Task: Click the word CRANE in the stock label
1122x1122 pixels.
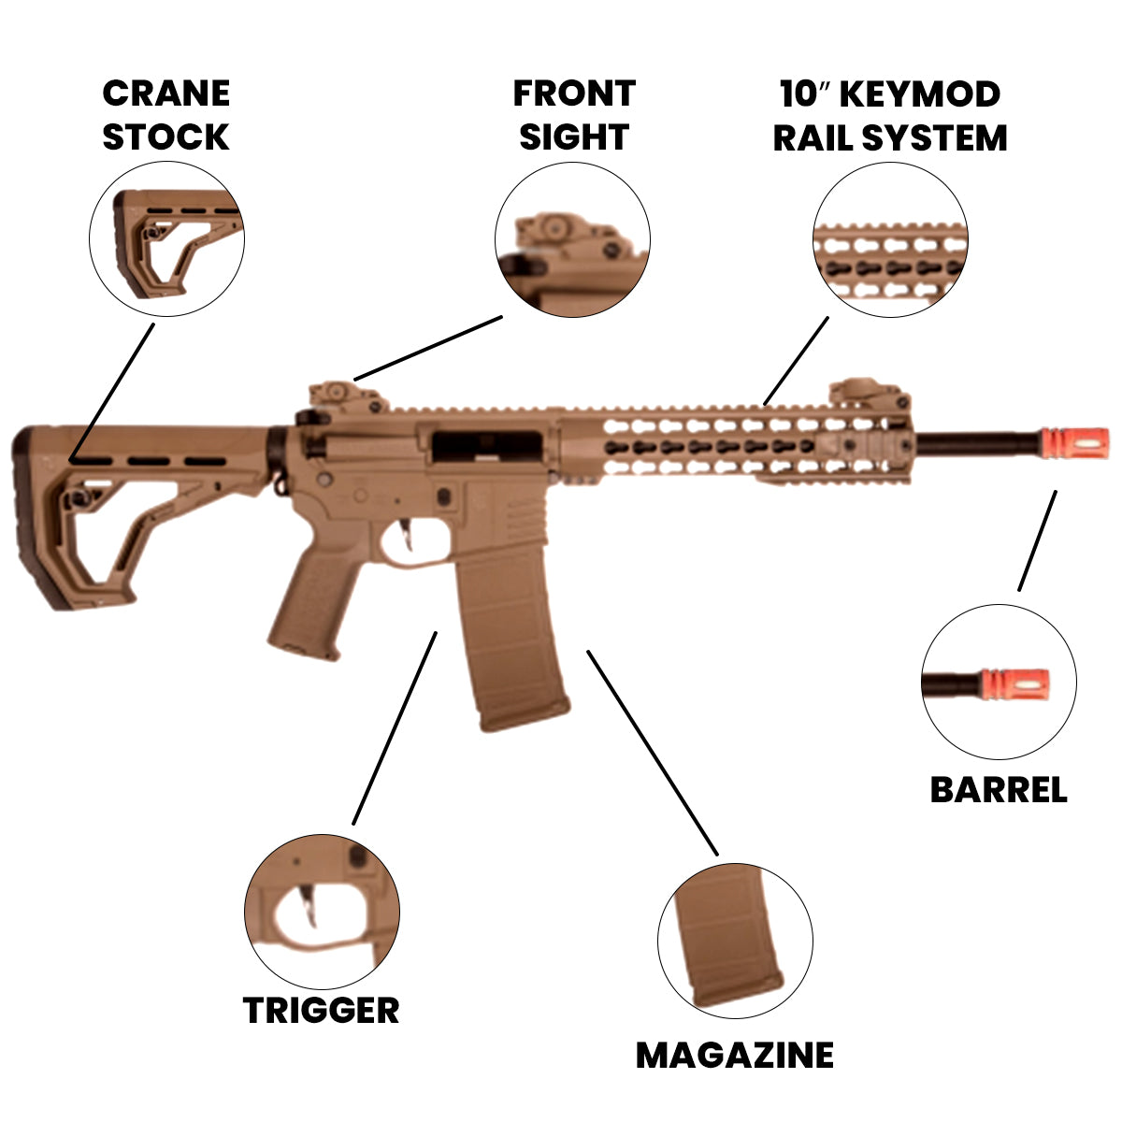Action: click(165, 93)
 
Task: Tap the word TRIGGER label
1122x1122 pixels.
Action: click(321, 1011)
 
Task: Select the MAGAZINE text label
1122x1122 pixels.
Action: click(734, 1055)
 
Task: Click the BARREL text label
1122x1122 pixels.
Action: click(998, 790)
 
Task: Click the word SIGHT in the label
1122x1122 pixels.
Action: click(573, 137)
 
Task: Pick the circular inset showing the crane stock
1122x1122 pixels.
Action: click(166, 237)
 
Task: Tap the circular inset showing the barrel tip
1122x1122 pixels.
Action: click(999, 682)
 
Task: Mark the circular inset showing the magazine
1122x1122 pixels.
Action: click(734, 940)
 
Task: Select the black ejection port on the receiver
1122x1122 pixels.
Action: click(486, 445)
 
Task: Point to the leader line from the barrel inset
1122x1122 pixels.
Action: click(1037, 541)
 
